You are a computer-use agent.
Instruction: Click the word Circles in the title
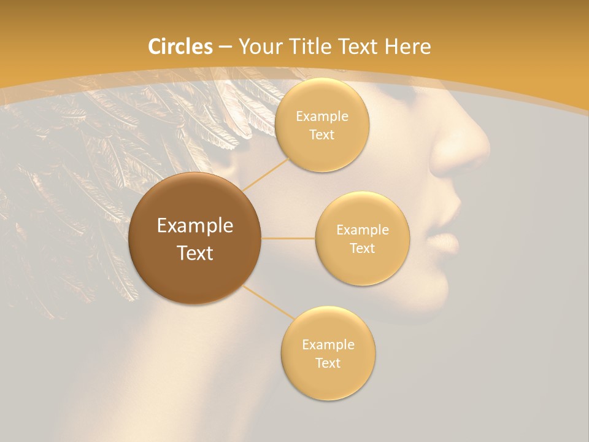(x=180, y=47)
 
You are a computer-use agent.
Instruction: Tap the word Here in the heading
(x=409, y=47)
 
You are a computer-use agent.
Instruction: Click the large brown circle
(x=194, y=279)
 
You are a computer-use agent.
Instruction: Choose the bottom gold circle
(x=328, y=381)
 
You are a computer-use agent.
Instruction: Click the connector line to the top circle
(x=265, y=174)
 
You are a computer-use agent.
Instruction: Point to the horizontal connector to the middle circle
(x=288, y=238)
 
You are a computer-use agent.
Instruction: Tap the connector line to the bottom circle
(x=269, y=301)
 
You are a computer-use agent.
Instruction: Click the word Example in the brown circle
(x=194, y=226)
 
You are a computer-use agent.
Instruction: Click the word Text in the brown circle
(x=194, y=253)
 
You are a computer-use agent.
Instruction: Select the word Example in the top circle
(x=321, y=117)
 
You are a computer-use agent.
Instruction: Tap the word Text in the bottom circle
(x=328, y=363)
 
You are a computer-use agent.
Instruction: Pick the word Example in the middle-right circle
(x=363, y=230)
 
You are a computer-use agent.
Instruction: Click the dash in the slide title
(x=225, y=47)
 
